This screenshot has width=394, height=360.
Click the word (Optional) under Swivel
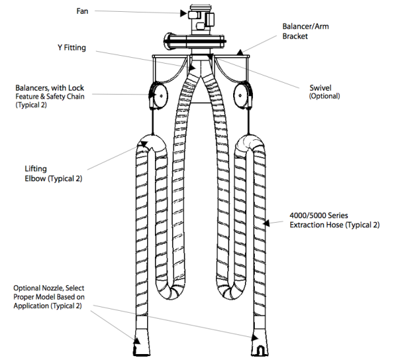click(x=324, y=97)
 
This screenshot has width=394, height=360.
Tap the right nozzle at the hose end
click(x=257, y=338)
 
